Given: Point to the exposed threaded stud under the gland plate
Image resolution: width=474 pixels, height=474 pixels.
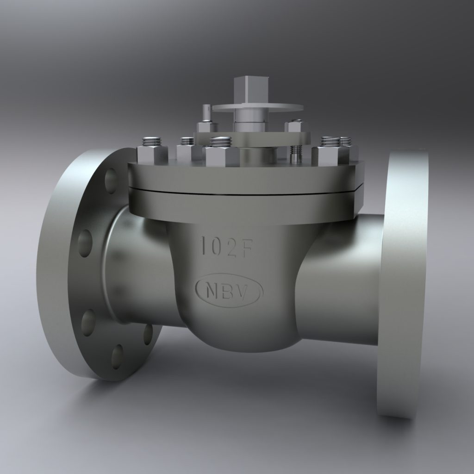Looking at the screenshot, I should point(294,153).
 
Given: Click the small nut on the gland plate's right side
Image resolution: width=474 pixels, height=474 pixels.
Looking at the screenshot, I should point(294,126).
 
